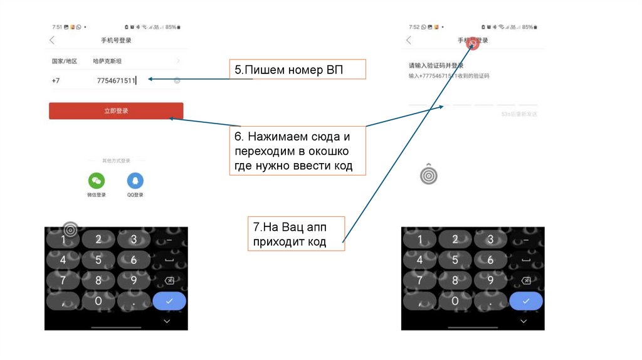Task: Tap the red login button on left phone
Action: tap(116, 111)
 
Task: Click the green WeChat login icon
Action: tap(97, 181)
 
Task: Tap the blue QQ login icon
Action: tap(135, 181)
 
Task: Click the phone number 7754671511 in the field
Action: tap(115, 80)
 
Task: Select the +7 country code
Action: tap(56, 80)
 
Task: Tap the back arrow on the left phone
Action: tap(52, 40)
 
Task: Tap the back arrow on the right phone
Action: tap(409, 40)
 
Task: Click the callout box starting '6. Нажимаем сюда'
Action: tap(298, 152)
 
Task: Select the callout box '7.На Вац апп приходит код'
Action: tap(296, 234)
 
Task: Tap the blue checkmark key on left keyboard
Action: tap(169, 301)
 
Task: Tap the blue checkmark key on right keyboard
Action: tap(525, 301)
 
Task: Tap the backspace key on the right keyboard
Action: tap(525, 280)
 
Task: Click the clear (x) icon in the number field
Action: tap(177, 80)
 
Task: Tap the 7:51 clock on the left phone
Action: tap(57, 27)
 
